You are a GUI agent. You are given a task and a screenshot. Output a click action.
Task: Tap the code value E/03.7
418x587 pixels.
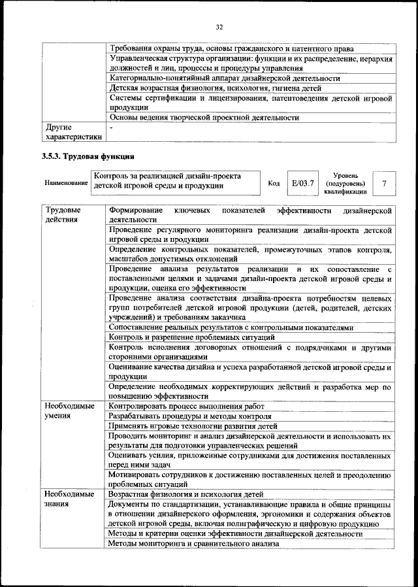302,184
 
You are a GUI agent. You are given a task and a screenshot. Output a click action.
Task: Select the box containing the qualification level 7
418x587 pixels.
384,184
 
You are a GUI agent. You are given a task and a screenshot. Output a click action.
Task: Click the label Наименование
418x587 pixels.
66,184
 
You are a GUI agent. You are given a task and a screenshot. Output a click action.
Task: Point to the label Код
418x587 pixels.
274,184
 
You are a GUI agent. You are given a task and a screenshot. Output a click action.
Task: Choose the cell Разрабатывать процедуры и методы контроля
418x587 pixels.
189,416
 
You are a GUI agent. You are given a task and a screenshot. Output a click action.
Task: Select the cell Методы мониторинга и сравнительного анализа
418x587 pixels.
185,544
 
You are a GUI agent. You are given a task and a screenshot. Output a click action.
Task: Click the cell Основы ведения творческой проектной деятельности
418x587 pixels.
204,118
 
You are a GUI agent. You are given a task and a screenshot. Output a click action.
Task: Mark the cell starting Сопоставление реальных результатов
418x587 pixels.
231,327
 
